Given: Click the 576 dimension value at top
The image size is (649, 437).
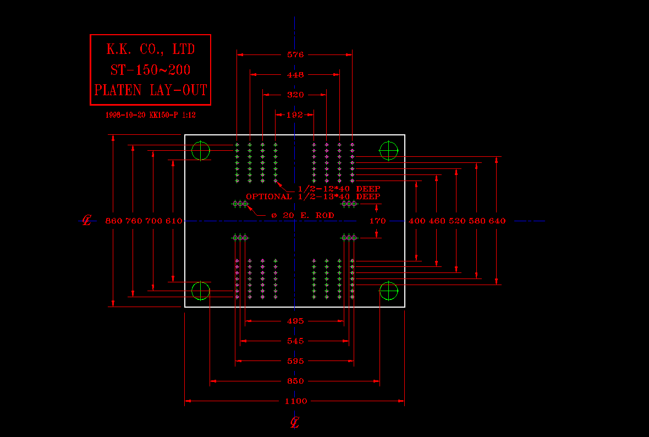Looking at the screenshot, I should [295, 54].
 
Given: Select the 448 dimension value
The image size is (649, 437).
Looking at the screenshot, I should [295, 75].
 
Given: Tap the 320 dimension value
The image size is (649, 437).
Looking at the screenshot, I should [295, 95].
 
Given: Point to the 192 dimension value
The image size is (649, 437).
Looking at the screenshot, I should [295, 114].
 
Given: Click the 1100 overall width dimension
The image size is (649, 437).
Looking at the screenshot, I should [296, 401].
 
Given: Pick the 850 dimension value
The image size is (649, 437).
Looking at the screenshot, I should [295, 381].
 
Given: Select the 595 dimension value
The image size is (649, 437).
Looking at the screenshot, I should [295, 362].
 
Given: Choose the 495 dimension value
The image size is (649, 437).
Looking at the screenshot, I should [295, 321].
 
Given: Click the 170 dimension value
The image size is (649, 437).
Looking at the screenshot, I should [378, 221].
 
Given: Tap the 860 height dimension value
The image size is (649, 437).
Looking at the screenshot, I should [113, 221].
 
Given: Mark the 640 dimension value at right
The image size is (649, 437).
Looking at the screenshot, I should [497, 221].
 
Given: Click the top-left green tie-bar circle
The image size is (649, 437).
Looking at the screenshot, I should [201, 150].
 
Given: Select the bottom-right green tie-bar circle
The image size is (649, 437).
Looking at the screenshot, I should [389, 291].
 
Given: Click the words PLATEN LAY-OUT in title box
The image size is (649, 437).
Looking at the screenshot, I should [151, 90].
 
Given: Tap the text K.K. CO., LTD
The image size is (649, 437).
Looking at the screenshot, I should [151, 50].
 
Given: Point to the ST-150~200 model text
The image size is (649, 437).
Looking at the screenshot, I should [151, 70].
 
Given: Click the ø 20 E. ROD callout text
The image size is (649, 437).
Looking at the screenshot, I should [302, 215].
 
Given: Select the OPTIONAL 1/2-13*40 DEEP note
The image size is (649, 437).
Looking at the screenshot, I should [313, 196].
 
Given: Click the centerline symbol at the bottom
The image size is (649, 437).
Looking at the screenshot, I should [295, 423].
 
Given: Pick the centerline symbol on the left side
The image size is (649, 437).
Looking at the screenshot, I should [86, 221].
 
